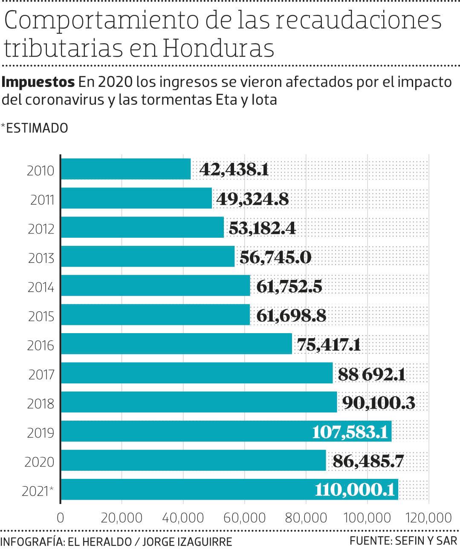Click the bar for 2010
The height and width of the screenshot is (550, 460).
(126, 169)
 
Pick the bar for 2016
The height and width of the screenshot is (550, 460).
(176, 344)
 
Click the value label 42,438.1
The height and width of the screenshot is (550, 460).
(234, 170)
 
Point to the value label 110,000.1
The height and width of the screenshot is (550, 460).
(355, 490)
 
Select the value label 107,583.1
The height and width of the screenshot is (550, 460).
(350, 432)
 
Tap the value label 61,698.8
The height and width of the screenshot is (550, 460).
(291, 315)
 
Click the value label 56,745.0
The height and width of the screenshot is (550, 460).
(275, 257)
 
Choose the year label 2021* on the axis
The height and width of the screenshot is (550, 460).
(38, 491)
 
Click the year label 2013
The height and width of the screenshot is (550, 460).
(41, 258)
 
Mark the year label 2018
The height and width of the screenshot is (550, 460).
(41, 404)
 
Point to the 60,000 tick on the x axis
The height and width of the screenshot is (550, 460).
(244, 518)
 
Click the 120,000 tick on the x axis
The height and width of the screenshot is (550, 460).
(428, 518)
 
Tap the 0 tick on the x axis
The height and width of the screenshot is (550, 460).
(61, 518)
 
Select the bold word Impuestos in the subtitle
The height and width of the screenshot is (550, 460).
(38, 81)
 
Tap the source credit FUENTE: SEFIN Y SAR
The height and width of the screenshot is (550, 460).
(403, 541)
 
